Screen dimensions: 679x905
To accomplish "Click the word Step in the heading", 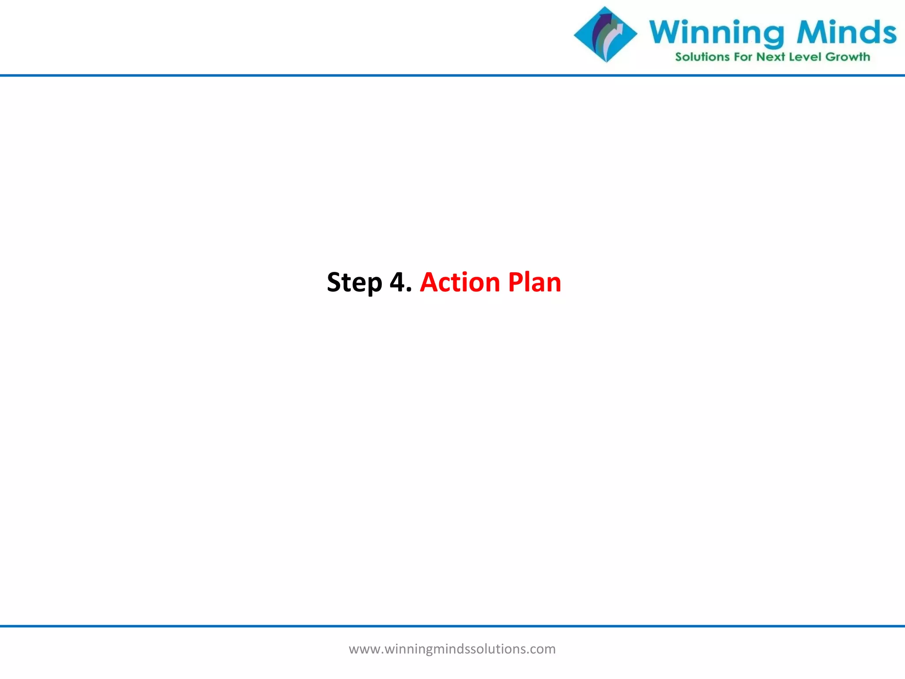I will [x=354, y=282].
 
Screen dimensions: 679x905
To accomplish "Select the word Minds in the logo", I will [x=846, y=32].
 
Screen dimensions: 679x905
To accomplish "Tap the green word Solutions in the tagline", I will [x=702, y=57].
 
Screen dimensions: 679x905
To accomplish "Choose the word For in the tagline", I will [x=742, y=57].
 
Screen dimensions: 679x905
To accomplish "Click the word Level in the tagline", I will [x=805, y=57].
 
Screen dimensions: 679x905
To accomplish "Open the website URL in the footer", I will [x=452, y=649].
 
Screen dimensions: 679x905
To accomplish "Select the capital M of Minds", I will [x=811, y=32].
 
